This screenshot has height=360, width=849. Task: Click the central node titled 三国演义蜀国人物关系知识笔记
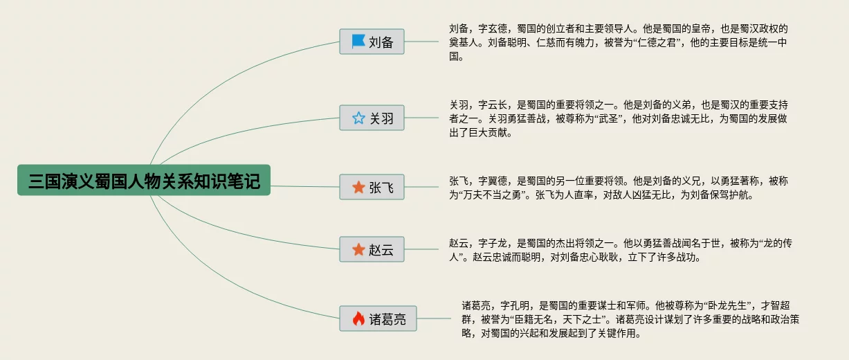click(x=144, y=180)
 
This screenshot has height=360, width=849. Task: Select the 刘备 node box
click(x=372, y=42)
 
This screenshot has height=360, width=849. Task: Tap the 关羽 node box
click(x=372, y=118)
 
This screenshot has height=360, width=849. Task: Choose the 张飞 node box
click(x=372, y=187)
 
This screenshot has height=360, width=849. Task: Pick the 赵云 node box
click(x=372, y=249)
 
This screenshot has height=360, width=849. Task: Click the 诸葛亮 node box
click(x=379, y=318)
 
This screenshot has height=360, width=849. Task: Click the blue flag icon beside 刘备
click(x=358, y=42)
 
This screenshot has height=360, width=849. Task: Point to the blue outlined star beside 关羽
click(x=358, y=118)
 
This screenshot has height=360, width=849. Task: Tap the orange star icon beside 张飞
click(x=358, y=187)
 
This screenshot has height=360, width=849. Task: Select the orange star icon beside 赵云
click(x=358, y=249)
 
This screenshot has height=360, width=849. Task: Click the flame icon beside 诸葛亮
click(x=358, y=318)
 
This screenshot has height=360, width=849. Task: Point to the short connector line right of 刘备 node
click(x=421, y=42)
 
